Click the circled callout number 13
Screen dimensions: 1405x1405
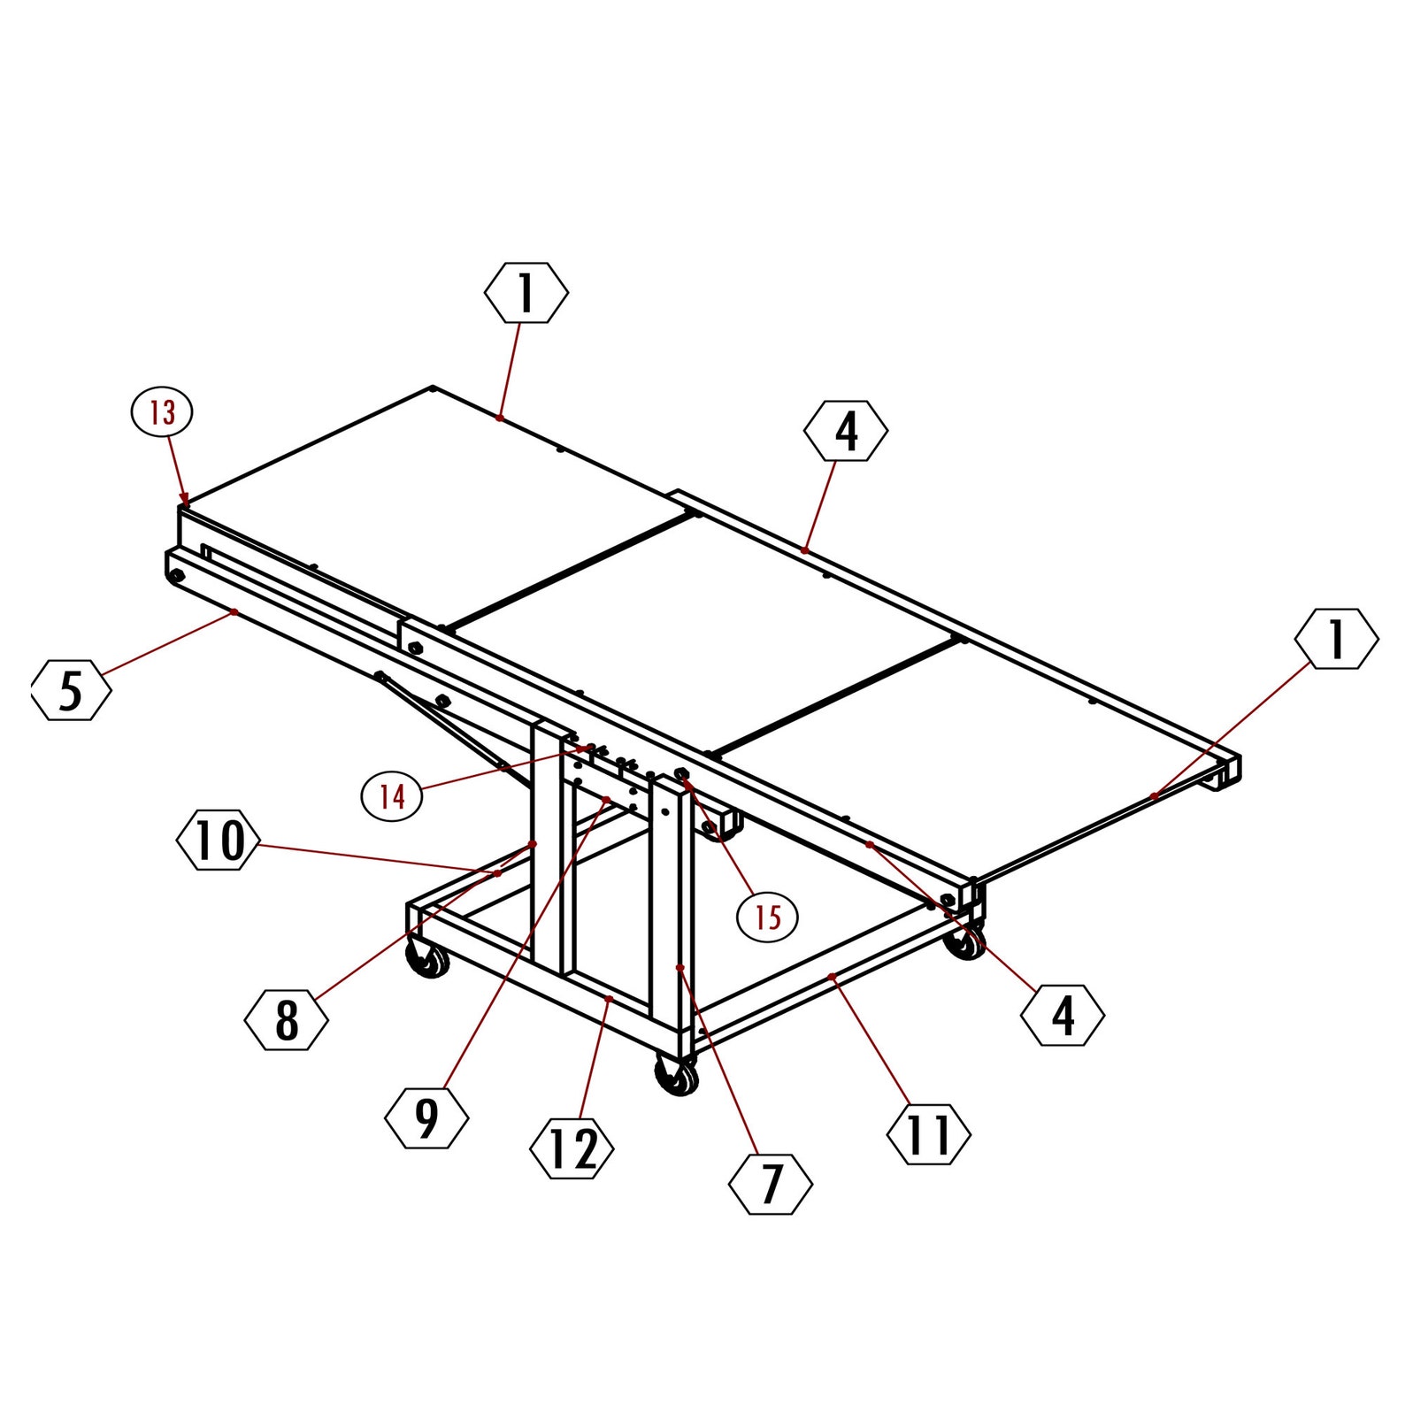click(x=162, y=412)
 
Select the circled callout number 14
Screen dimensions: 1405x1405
click(x=392, y=796)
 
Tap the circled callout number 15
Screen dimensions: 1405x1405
click(x=767, y=917)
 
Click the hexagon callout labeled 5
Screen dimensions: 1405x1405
click(x=72, y=690)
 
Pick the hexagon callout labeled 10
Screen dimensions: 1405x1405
click(x=219, y=841)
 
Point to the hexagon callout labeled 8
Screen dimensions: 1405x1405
click(x=287, y=1020)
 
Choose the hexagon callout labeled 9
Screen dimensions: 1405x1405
click(x=426, y=1118)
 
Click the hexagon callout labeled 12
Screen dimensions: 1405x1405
click(x=572, y=1149)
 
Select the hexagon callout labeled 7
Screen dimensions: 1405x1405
click(x=771, y=1183)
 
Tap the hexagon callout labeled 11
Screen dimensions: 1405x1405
click(x=928, y=1134)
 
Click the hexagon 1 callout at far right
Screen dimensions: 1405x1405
click(x=1336, y=639)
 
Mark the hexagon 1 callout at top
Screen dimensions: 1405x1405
click(x=526, y=293)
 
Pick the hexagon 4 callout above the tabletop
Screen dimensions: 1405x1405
click(x=846, y=431)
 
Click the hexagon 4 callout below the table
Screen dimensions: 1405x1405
click(x=1062, y=1015)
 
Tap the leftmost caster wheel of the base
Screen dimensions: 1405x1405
click(x=428, y=961)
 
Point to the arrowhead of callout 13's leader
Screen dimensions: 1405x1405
click(x=185, y=501)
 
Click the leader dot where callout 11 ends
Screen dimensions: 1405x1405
click(x=832, y=976)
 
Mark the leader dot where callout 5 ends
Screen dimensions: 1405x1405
click(x=234, y=611)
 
